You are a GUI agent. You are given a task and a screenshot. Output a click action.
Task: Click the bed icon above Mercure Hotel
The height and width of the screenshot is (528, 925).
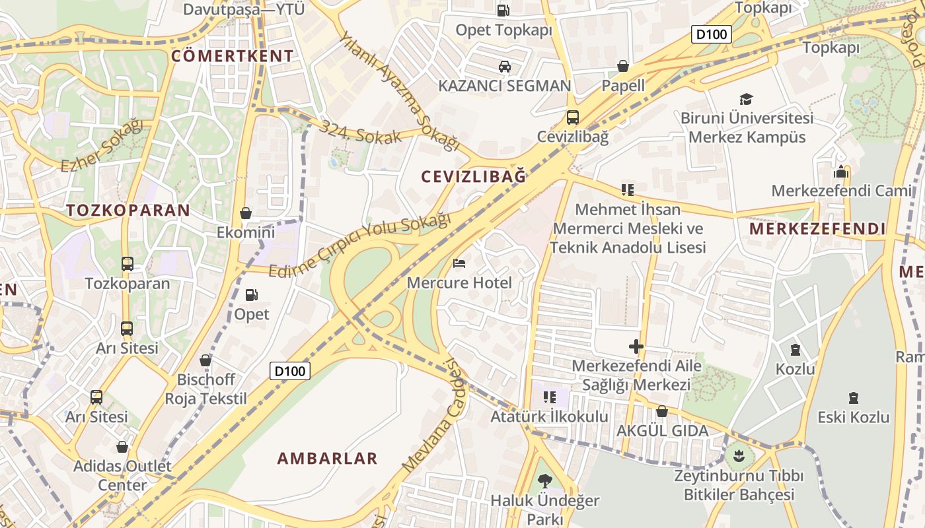pos(459,263)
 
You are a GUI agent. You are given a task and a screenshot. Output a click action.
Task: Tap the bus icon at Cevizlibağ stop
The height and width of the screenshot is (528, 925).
pos(572,117)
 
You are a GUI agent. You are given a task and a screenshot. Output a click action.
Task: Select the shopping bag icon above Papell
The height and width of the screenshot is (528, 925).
pos(622,66)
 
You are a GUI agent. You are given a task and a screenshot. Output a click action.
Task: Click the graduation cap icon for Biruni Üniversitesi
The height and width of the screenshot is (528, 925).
pos(746,99)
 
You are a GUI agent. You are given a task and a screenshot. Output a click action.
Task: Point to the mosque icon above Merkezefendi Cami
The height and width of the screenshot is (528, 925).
pos(841,172)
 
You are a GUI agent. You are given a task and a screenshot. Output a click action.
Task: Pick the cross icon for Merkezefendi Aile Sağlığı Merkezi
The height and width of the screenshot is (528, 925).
pos(636,346)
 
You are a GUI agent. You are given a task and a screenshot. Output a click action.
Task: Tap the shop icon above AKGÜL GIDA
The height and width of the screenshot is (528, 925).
pos(661,411)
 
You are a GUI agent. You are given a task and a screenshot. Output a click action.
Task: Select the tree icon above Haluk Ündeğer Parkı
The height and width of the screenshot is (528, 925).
pos(544,480)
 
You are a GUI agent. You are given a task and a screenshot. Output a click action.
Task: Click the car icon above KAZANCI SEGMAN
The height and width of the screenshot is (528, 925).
pos(504,66)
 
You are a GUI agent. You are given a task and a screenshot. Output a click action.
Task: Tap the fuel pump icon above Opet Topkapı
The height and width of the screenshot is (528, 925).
pos(503,10)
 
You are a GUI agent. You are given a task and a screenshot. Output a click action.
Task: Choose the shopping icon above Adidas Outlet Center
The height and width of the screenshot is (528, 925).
pos(122,447)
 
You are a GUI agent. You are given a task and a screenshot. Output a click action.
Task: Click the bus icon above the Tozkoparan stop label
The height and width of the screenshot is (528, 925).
pos(127,264)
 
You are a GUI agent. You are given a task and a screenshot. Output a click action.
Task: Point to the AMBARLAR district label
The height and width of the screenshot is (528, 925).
pos(327,458)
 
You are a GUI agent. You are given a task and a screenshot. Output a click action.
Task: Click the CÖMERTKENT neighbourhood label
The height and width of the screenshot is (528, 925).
pos(232,56)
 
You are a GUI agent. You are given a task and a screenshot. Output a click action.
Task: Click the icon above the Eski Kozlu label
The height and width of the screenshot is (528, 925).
pos(854,398)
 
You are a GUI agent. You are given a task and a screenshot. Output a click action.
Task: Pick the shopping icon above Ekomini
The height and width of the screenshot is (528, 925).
pos(246,213)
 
